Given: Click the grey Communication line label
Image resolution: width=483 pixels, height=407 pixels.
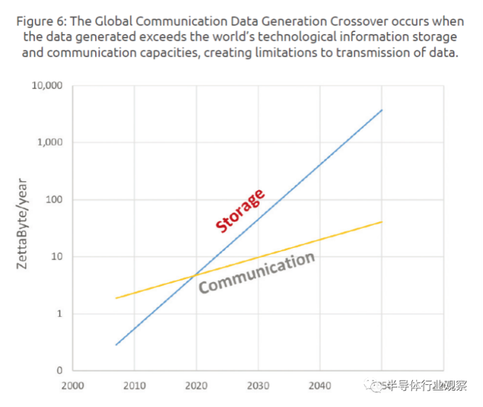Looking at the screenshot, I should click(x=256, y=273).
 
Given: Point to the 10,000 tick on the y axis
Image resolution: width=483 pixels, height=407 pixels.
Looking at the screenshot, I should click(x=48, y=86).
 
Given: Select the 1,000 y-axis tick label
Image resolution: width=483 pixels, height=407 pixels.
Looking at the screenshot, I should click(x=50, y=143).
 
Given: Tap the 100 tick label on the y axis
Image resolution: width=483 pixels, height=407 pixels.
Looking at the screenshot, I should click(x=54, y=200).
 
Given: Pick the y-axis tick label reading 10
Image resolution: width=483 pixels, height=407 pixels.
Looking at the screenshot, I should click(x=57, y=256).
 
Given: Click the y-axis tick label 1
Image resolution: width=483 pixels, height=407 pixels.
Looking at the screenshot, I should click(x=60, y=313).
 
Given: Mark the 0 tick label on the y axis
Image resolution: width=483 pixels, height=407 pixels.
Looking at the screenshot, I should click(x=60, y=370).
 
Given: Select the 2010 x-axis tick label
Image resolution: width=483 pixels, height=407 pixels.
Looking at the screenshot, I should click(x=134, y=385).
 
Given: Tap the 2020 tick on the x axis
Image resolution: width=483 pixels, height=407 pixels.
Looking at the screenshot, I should click(x=196, y=385).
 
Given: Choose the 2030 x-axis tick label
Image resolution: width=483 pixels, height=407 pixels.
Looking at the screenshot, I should click(x=258, y=385).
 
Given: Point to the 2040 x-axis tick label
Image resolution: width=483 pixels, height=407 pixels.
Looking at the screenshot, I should click(x=320, y=385).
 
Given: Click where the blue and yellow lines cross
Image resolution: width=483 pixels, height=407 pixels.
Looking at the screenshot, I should click(x=194, y=274).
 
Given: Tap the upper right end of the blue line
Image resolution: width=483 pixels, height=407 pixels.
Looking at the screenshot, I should click(x=382, y=110).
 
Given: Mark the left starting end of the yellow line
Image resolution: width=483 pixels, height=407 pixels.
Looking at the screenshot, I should click(x=116, y=298).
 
